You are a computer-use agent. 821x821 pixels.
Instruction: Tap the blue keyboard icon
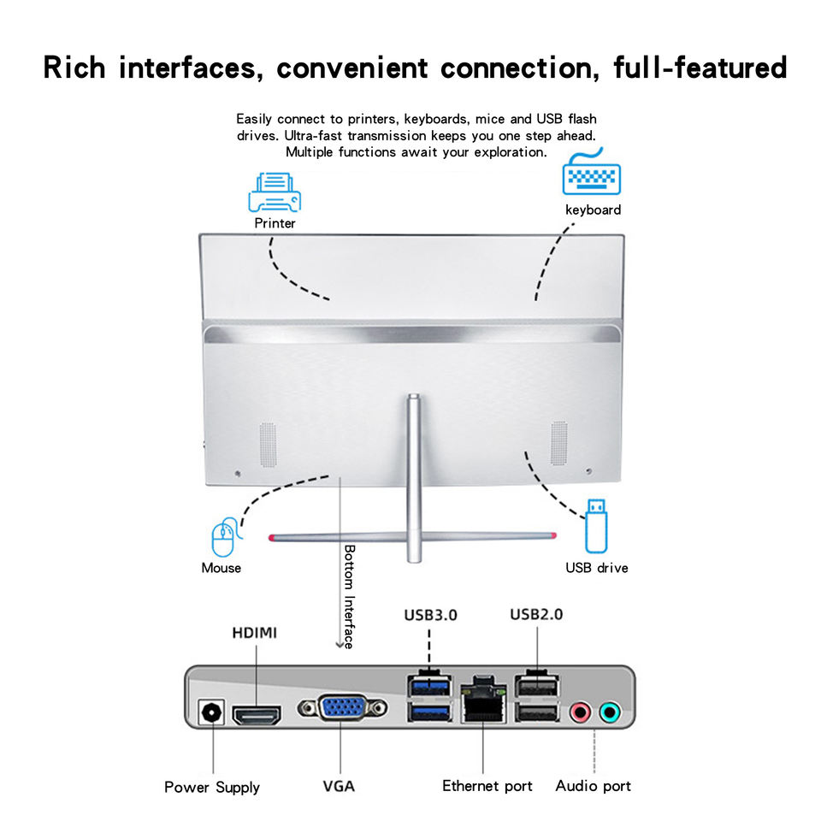pos(591,176)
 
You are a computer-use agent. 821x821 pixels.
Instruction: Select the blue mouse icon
pos(223,539)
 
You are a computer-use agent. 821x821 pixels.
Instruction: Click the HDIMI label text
pos(255,634)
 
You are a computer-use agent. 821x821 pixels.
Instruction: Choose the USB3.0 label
pos(430,614)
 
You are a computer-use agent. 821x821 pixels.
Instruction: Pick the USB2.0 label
pos(536,614)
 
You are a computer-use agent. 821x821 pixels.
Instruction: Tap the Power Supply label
pos(212,787)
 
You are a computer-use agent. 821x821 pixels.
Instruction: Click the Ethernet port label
pos(487,786)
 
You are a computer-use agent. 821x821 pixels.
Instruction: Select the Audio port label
pos(593,786)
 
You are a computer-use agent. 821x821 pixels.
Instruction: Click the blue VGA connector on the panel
pos(342,709)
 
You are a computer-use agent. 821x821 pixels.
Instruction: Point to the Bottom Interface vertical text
pos(349,596)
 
